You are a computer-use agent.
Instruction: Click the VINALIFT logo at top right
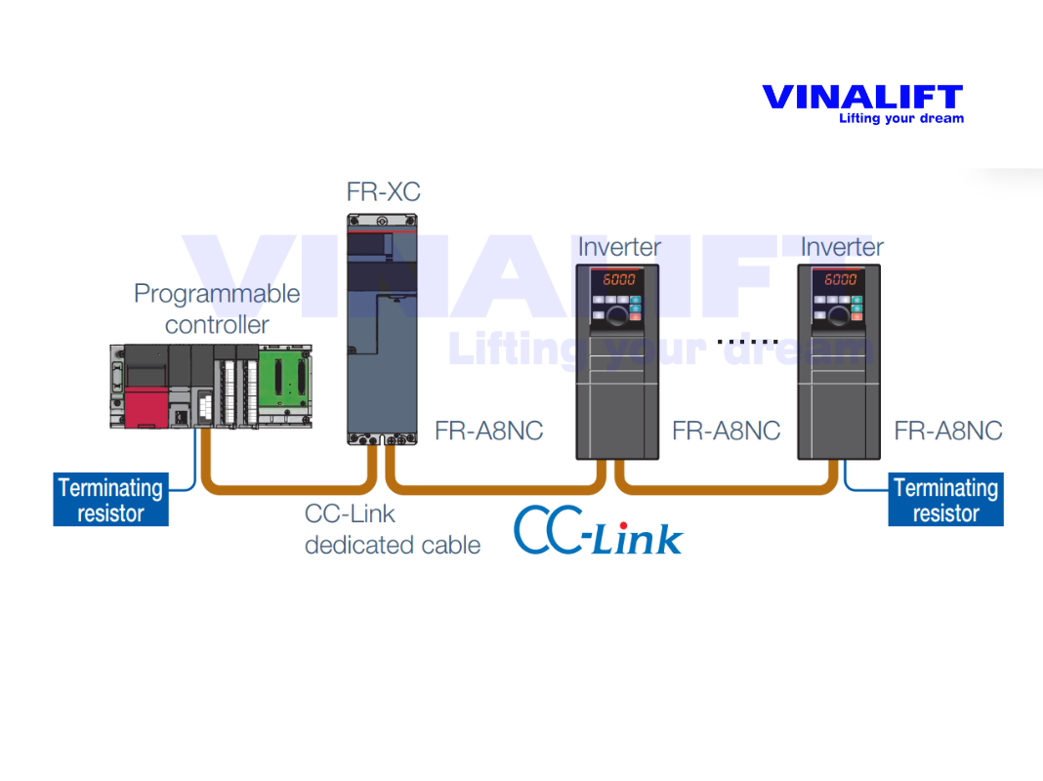(x=861, y=98)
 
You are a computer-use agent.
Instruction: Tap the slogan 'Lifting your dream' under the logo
(x=900, y=119)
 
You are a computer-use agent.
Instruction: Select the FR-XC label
(x=383, y=191)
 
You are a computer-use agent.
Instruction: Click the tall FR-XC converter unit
(x=382, y=327)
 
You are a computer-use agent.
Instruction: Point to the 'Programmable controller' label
(x=217, y=308)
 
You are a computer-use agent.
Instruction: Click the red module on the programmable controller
(x=146, y=405)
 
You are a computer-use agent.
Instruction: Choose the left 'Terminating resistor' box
(x=110, y=500)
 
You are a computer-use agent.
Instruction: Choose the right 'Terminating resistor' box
(x=945, y=500)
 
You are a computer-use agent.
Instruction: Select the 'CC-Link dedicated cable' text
(x=392, y=529)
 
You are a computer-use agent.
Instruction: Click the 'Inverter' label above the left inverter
(x=619, y=248)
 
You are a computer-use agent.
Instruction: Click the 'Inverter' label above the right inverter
(x=842, y=248)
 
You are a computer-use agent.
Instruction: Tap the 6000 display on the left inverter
(x=618, y=279)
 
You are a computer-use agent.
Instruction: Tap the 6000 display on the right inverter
(x=841, y=279)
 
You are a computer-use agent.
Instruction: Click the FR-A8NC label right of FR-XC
(x=489, y=432)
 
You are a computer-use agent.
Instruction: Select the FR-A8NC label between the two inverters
(x=726, y=432)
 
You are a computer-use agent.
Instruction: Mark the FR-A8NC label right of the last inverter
(x=948, y=432)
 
